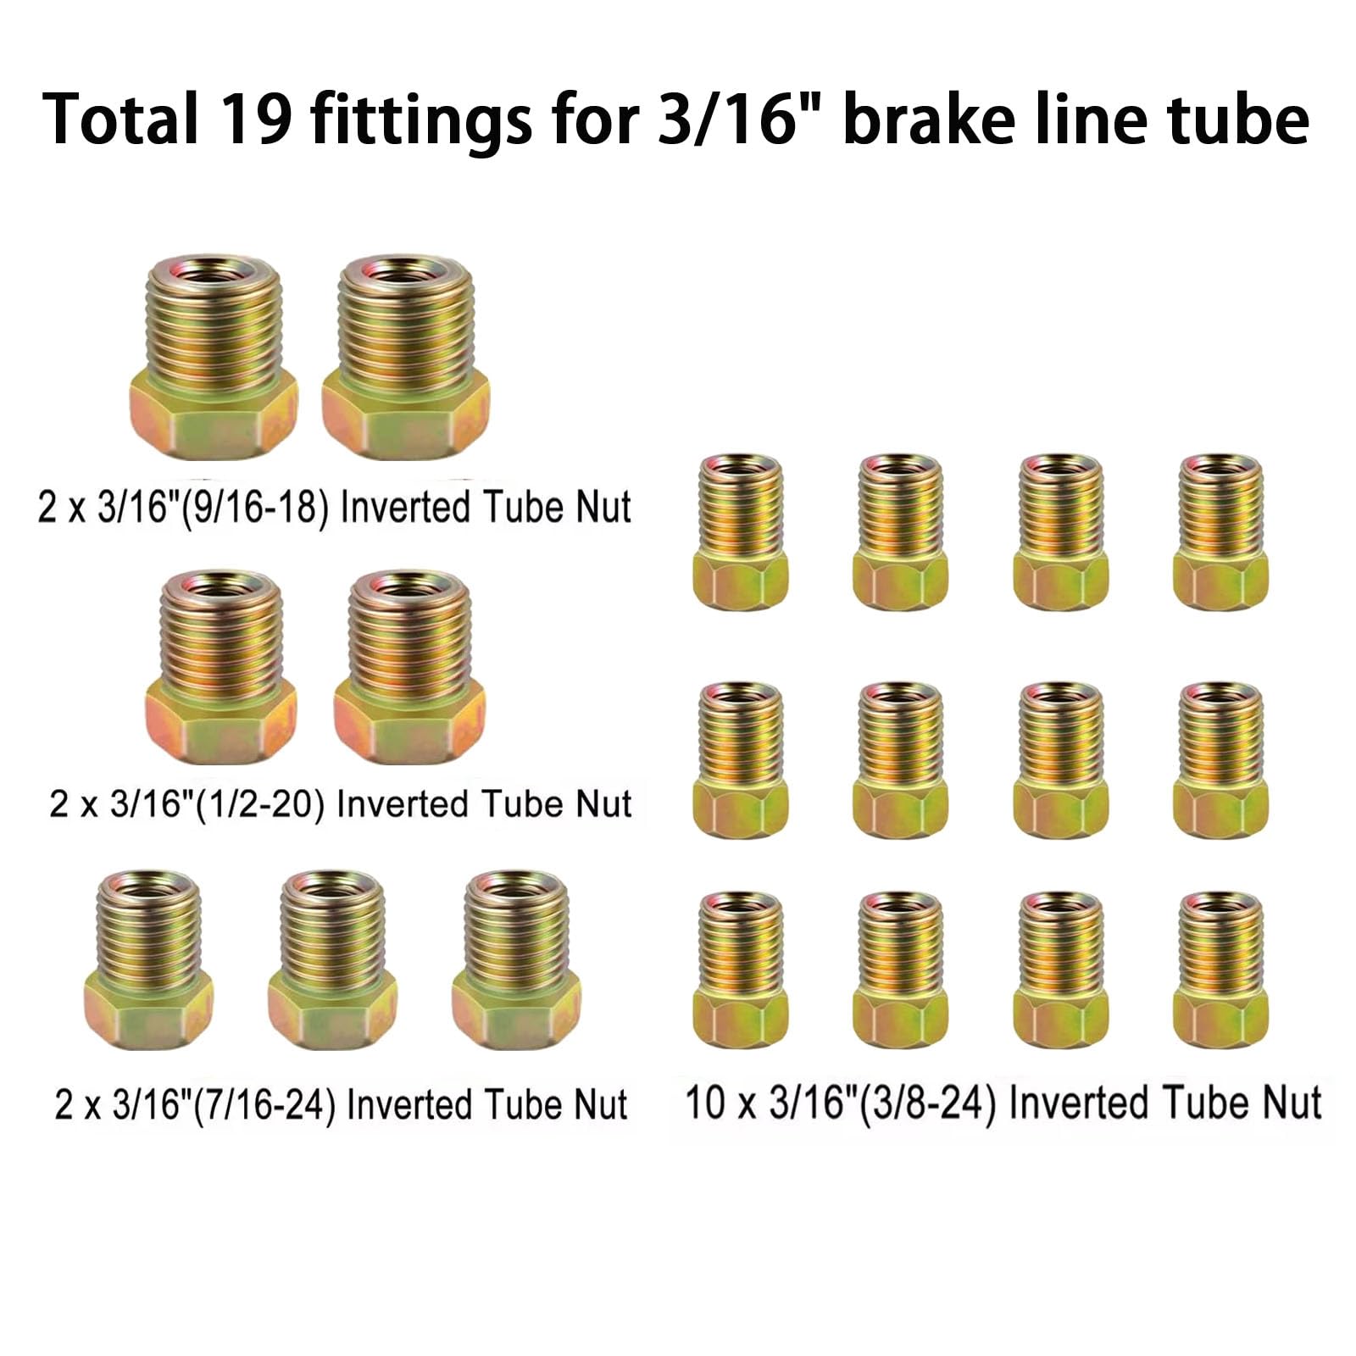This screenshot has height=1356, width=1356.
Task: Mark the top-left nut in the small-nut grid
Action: tap(740, 531)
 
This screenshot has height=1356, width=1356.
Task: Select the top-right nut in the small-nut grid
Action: tap(1221, 531)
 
